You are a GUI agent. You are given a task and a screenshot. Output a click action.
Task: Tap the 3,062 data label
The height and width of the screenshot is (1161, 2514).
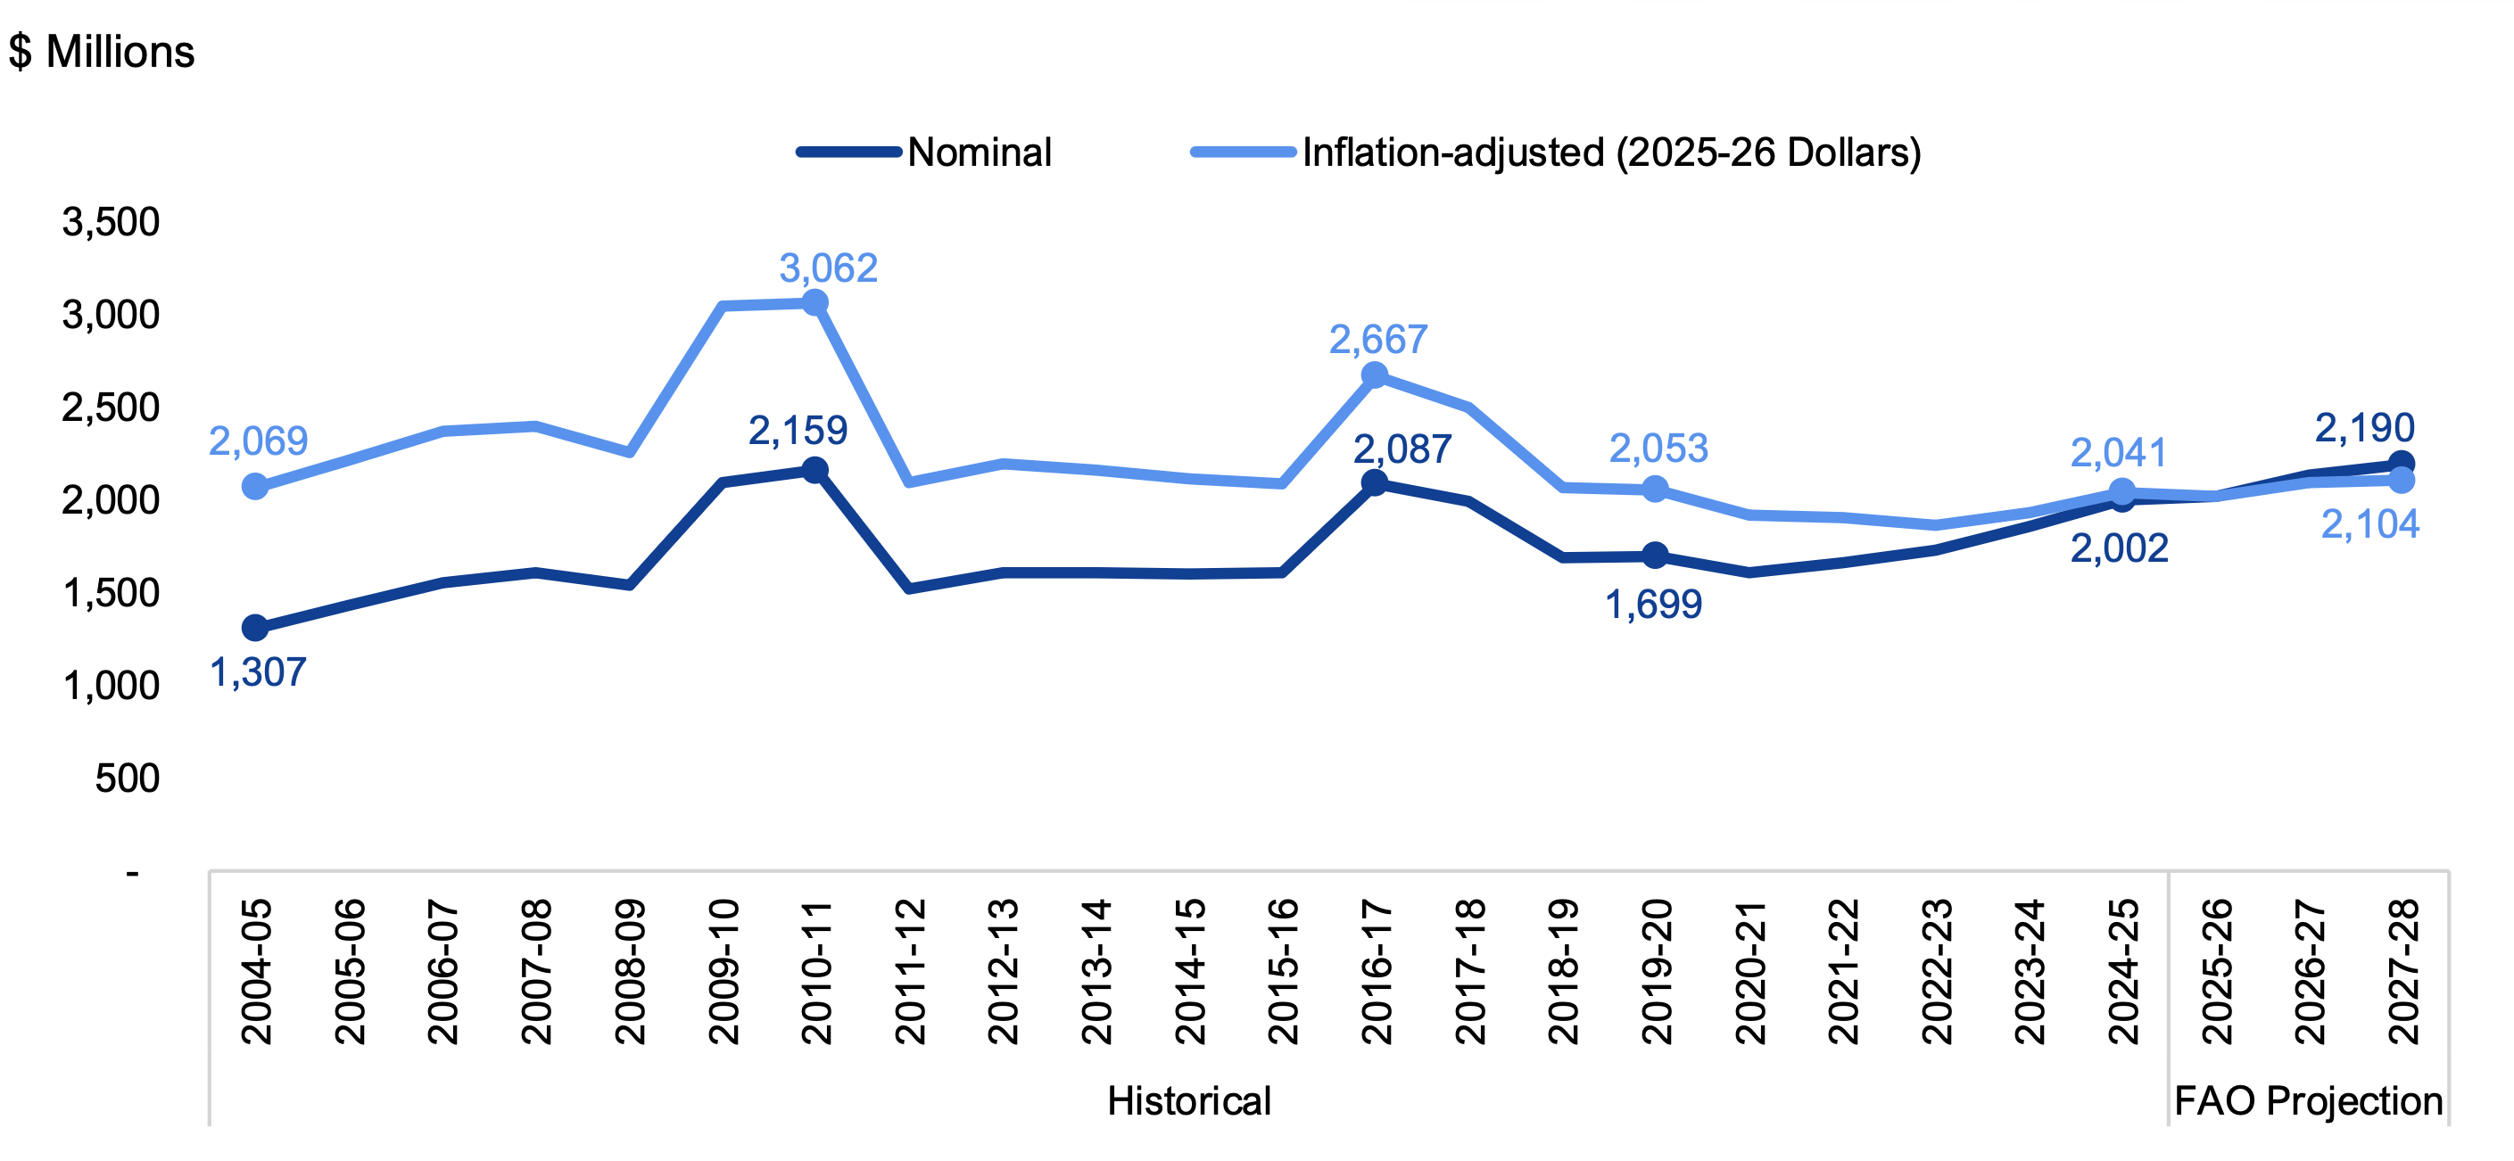(829, 268)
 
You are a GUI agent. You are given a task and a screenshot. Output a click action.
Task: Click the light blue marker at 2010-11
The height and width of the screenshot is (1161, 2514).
(815, 303)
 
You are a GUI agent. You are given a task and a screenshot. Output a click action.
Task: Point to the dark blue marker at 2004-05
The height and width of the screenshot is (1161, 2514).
(255, 628)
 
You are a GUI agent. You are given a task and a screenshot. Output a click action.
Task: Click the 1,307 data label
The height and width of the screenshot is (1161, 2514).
(259, 672)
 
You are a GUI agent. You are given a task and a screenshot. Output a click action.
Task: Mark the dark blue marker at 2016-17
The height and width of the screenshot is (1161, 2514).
(1374, 482)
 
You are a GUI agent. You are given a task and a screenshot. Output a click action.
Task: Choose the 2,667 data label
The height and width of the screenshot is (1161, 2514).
(1378, 340)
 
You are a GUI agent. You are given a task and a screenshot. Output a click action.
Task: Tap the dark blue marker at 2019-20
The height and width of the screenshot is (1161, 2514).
(1655, 556)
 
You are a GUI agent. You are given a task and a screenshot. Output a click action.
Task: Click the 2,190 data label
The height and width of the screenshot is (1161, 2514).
(2365, 427)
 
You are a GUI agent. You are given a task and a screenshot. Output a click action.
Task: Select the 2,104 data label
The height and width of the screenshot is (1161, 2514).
(2369, 525)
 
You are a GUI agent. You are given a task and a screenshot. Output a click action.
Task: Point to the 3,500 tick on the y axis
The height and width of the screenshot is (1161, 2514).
(111, 221)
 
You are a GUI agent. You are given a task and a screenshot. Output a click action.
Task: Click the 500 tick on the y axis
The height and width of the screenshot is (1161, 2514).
(127, 778)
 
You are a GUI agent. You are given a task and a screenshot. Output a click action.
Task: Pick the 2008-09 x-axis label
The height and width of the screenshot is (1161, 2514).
(630, 972)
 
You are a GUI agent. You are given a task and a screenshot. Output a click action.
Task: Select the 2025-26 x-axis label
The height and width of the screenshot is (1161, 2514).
(2216, 972)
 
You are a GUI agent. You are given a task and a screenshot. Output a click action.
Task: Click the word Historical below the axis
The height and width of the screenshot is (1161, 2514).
(1188, 1100)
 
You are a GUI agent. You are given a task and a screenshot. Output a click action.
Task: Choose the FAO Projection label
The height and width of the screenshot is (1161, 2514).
(2308, 1100)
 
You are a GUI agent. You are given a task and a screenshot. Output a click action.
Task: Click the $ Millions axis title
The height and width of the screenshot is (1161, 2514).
(102, 51)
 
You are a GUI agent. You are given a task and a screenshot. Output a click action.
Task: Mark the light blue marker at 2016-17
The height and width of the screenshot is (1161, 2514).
(1374, 375)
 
